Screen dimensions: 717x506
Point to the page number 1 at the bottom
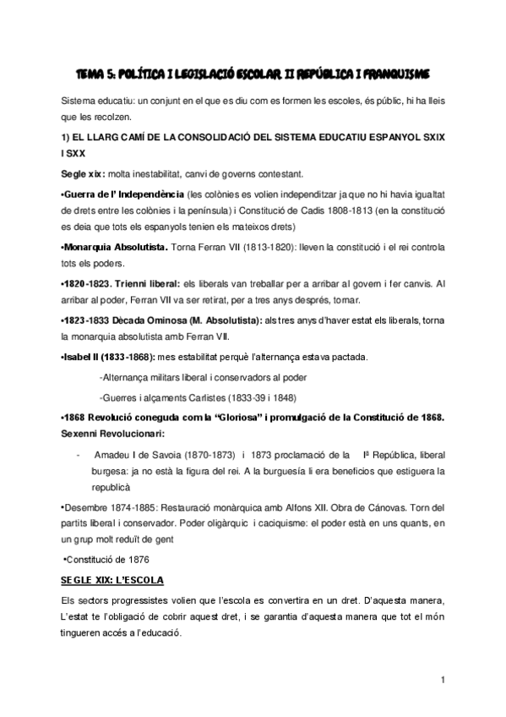click(443, 681)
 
